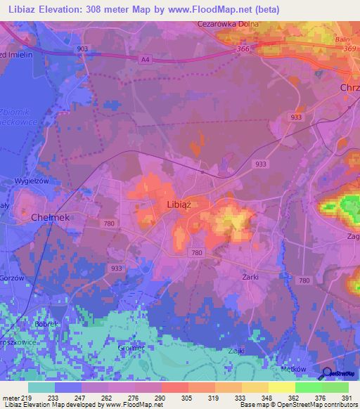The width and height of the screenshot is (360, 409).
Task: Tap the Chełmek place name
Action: coord(49,218)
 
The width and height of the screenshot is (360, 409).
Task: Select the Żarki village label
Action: coord(249,277)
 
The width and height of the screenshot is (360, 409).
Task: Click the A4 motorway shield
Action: coord(146,60)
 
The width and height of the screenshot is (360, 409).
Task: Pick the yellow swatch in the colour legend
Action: coord(281,387)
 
